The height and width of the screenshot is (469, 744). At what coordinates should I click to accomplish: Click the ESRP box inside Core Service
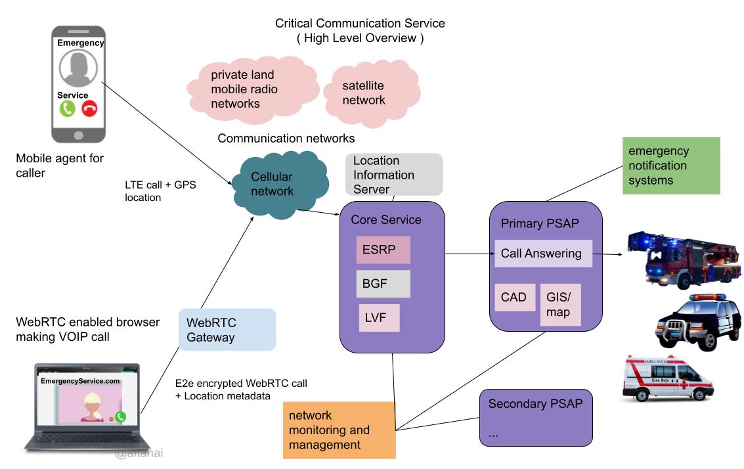tap(383, 250)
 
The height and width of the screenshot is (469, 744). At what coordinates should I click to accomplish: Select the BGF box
tap(383, 283)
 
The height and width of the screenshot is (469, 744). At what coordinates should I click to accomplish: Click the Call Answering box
tap(543, 254)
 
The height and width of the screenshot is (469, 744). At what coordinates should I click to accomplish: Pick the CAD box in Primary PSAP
tap(514, 298)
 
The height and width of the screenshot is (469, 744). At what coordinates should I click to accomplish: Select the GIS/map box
tap(561, 304)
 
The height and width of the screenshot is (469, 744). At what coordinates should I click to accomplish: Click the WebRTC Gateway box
tap(227, 329)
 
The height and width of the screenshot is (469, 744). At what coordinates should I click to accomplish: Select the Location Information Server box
tap(393, 175)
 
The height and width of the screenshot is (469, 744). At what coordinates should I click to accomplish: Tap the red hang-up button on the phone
tap(89, 108)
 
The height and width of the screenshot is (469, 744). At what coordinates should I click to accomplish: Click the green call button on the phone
tap(68, 108)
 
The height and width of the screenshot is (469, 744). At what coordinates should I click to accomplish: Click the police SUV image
tap(698, 322)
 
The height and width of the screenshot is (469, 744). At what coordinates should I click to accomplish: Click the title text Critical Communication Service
tap(360, 24)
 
